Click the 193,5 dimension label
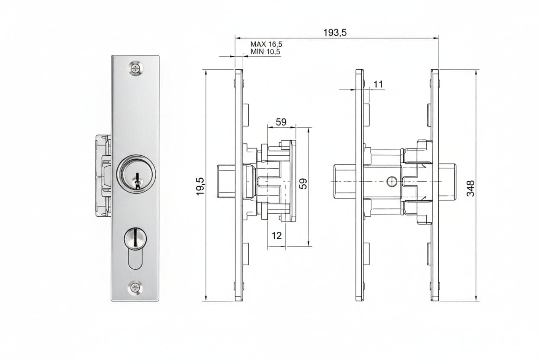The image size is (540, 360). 335,32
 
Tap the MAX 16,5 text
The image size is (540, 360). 266,45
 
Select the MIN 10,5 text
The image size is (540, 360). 265,51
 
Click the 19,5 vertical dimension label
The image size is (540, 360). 201,186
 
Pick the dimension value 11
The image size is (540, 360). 378,84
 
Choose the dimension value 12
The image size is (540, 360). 276,235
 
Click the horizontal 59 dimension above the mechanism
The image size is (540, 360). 281,122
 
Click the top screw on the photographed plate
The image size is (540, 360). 135,68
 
